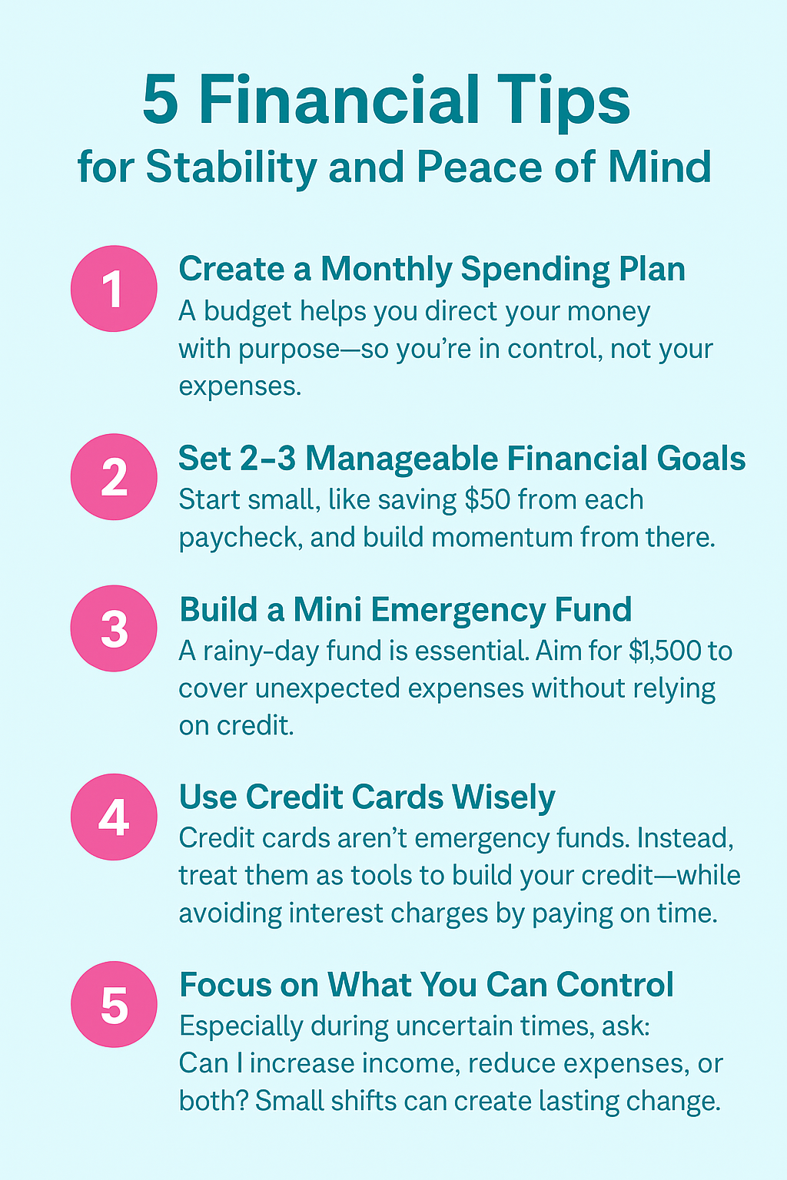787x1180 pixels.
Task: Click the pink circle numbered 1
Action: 114,289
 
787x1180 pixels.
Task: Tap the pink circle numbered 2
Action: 114,477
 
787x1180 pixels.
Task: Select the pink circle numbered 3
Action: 114,628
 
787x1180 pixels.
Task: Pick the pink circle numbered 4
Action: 114,817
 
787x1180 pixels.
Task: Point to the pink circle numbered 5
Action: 114,1005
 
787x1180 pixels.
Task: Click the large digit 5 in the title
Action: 161,100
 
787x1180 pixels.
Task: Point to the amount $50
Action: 487,499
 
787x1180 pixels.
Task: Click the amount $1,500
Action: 666,651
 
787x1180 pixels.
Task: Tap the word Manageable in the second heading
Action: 402,459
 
